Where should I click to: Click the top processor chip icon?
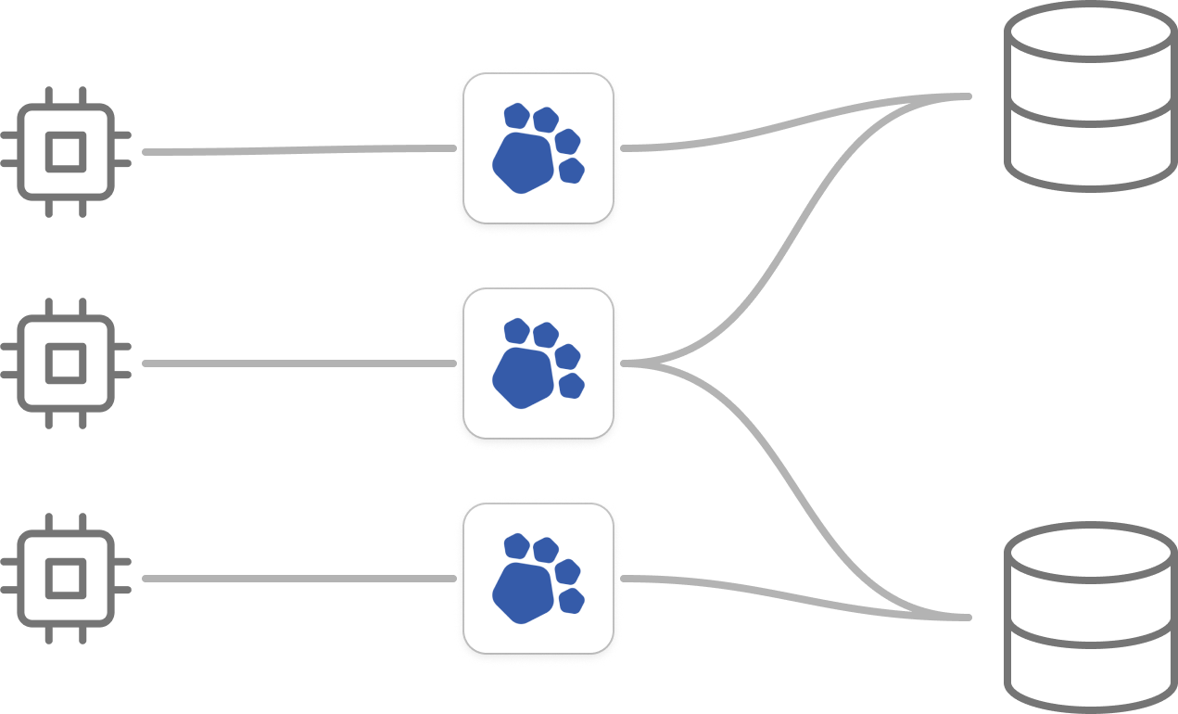point(67,151)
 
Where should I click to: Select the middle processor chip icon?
point(67,363)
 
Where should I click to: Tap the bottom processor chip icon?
point(67,580)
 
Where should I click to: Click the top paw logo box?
point(538,148)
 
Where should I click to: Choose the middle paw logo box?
point(538,363)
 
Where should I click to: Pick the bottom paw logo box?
point(538,578)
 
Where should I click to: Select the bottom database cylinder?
point(1089,616)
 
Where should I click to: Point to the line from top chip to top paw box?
point(297,150)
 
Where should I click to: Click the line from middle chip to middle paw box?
point(297,363)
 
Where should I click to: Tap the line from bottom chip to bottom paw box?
point(297,580)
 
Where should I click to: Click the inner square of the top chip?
point(67,151)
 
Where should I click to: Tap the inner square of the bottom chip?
point(67,580)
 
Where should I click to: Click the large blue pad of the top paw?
point(522,161)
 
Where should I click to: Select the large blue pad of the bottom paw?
point(522,591)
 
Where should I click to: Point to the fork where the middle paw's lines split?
point(649,363)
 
